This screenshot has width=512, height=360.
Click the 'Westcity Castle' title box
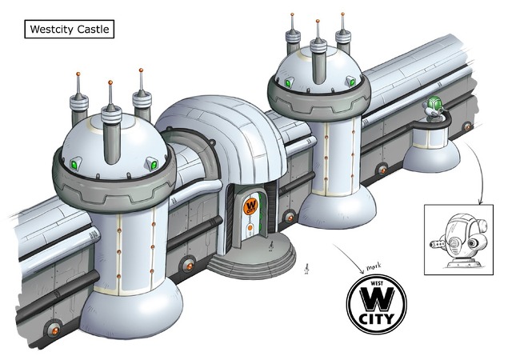[x=70, y=29]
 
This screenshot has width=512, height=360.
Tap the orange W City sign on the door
[x=250, y=206]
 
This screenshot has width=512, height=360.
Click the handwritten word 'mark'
[x=374, y=266]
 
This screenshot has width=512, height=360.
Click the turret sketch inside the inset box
[x=458, y=240]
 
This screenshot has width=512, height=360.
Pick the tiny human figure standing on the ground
[x=306, y=269]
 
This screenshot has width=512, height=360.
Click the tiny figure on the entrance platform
[x=270, y=246]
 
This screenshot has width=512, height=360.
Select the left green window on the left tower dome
[x=76, y=163]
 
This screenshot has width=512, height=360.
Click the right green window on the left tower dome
[x=153, y=164]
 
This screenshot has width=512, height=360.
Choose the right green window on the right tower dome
[x=351, y=81]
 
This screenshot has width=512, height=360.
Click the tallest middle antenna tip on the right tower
[x=318, y=22]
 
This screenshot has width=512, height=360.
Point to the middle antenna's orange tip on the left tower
[x=110, y=82]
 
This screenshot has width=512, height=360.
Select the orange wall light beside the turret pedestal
[x=467, y=126]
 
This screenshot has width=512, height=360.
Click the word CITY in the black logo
[x=377, y=319]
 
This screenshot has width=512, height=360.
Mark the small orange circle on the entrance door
[x=250, y=227]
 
